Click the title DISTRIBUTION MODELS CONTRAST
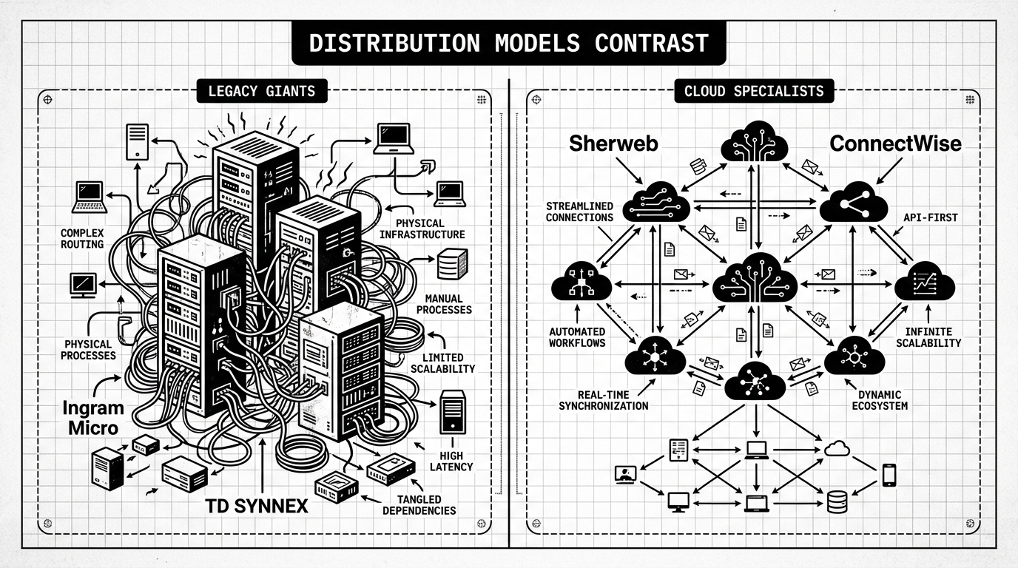pos(508,43)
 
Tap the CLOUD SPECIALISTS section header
pos(754,92)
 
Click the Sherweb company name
pos(613,143)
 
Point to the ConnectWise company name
pos(895,143)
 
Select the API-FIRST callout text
pos(929,218)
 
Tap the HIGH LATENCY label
pos(451,461)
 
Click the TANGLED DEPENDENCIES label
pos(419,504)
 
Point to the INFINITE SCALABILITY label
pos(928,337)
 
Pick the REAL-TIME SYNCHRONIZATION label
pos(603,399)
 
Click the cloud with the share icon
pos(853,203)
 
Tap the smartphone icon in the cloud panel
pos(889,474)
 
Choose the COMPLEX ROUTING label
pos(82,238)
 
